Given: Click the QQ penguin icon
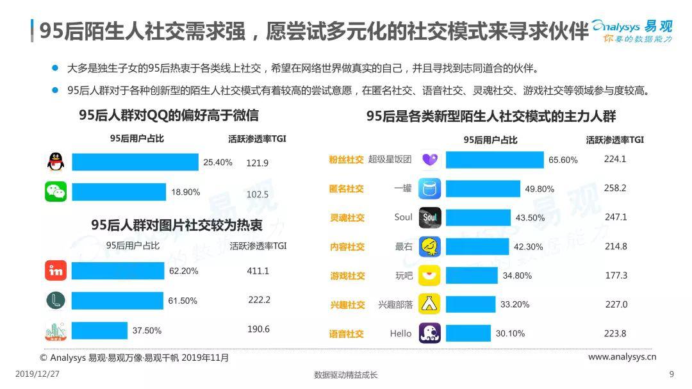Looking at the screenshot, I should (56, 162).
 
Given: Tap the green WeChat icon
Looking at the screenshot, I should (56, 192).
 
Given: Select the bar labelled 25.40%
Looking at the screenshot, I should (135, 162).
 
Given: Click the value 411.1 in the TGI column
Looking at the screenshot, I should (258, 271).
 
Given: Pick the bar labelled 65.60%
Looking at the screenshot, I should (494, 160).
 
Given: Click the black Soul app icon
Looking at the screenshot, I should (429, 218).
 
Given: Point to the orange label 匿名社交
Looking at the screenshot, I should (347, 188).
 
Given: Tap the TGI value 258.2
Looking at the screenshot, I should (615, 188).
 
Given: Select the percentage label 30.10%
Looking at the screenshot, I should (510, 333).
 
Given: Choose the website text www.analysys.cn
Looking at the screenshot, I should (622, 357).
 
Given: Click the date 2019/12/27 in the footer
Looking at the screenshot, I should (37, 374).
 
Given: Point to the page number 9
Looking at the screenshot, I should (671, 374).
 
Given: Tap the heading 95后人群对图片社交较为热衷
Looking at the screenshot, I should (176, 225).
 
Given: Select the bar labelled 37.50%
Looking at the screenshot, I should (99, 331).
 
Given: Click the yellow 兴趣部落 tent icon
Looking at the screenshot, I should (429, 304).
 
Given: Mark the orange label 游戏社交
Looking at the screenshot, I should (347, 276).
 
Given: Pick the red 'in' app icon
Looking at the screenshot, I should (56, 271).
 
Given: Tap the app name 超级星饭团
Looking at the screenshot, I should (390, 160).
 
